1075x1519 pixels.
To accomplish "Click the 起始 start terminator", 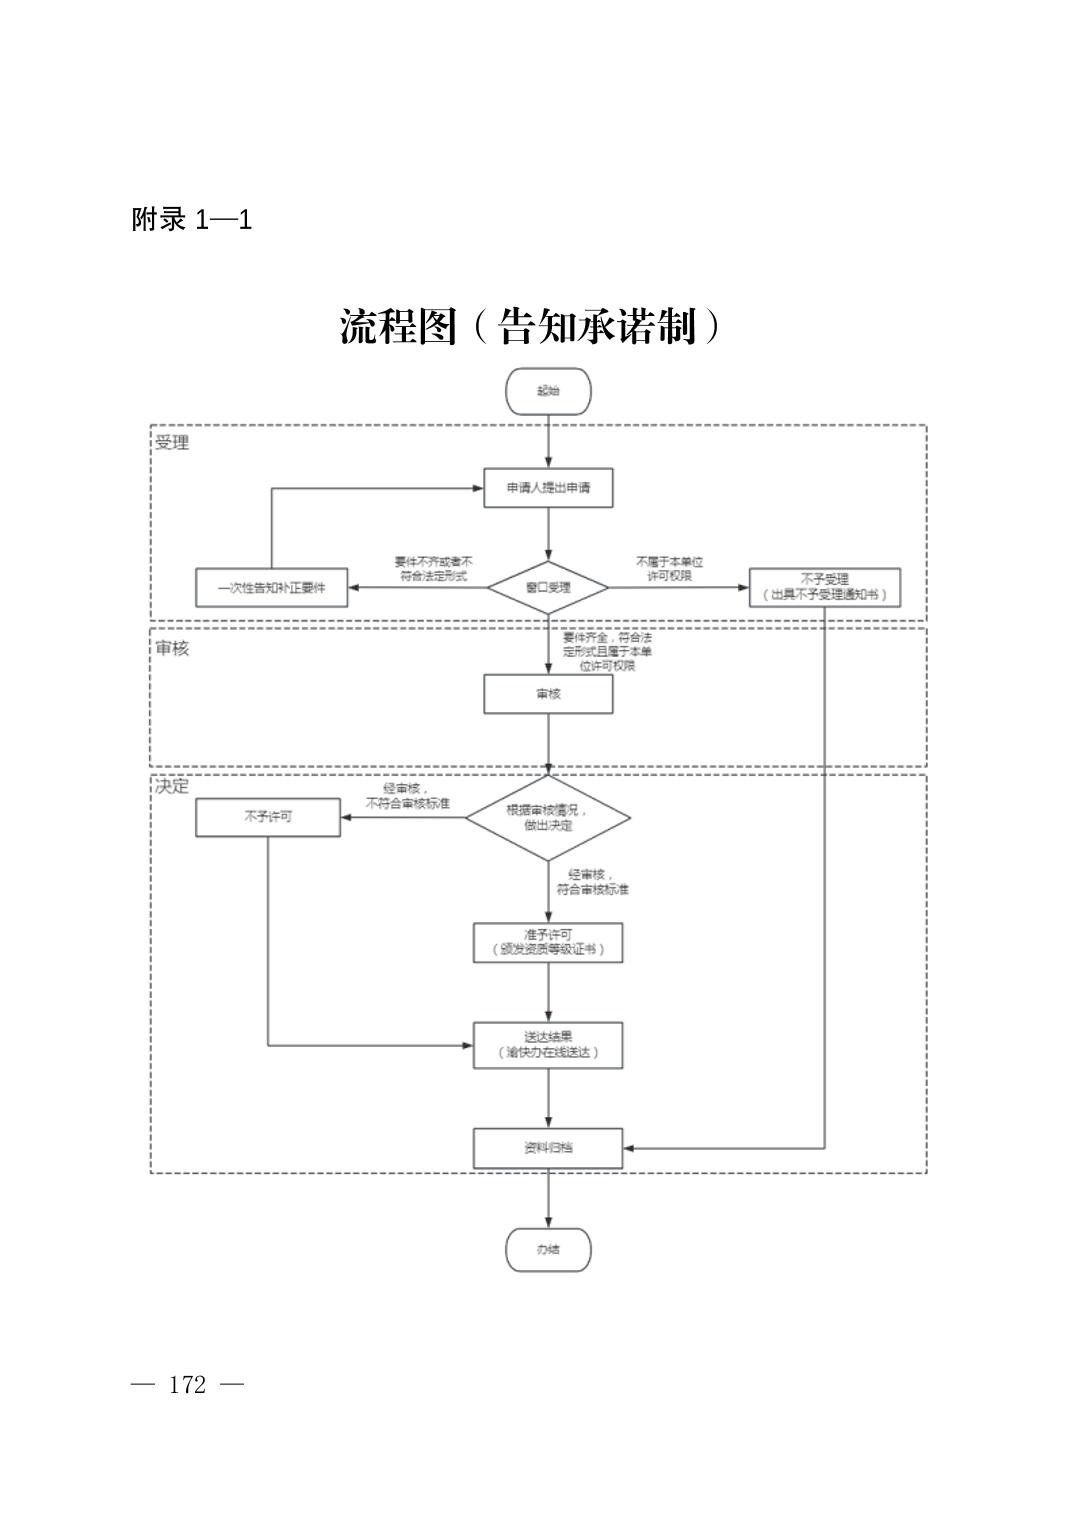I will [x=548, y=391].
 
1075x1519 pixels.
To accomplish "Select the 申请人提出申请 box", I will [x=548, y=488].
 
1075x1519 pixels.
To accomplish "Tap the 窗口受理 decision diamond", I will [x=548, y=587].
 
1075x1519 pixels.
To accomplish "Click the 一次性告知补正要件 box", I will [x=272, y=587].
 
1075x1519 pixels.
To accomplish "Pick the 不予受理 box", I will [x=824, y=587].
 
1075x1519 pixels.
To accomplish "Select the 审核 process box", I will [x=548, y=694].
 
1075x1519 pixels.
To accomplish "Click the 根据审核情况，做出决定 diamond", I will [x=548, y=818].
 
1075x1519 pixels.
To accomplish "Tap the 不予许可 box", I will [x=268, y=817].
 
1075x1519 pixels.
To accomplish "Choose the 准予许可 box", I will [x=548, y=942].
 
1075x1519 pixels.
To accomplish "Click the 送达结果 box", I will [x=548, y=1045].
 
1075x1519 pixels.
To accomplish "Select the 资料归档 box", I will [x=548, y=1148].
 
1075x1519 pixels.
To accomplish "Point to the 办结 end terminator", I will [x=548, y=1250].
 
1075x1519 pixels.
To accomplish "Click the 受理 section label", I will [x=172, y=442].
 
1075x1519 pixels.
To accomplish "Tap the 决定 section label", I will [x=172, y=786].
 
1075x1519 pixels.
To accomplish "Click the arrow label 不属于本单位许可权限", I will [x=669, y=569].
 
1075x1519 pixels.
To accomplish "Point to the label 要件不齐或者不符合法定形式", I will [x=433, y=569].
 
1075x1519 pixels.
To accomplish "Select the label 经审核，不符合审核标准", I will [x=407, y=796].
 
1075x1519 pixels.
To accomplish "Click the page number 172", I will [x=188, y=1385].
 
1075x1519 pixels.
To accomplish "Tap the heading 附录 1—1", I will [x=191, y=220].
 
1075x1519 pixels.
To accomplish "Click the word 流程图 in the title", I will [x=398, y=327].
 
